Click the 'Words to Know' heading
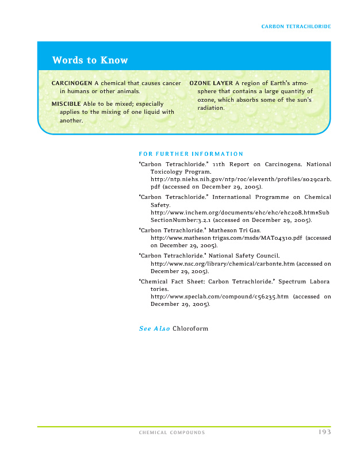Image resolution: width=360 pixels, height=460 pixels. (90, 60)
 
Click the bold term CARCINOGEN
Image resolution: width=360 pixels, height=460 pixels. (72, 83)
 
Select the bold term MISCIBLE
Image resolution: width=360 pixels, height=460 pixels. (66, 103)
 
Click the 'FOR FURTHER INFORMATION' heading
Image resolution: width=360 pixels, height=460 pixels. (191, 154)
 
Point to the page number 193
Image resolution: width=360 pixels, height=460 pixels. (324, 432)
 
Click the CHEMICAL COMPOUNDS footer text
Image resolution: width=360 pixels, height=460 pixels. (172, 433)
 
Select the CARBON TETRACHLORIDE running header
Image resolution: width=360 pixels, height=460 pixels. (296, 26)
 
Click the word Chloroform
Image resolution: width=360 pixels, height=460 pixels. (190, 329)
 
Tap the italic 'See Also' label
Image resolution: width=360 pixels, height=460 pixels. (154, 329)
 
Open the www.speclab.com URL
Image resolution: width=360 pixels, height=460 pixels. (219, 297)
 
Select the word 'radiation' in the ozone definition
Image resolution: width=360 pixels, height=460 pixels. (210, 108)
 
